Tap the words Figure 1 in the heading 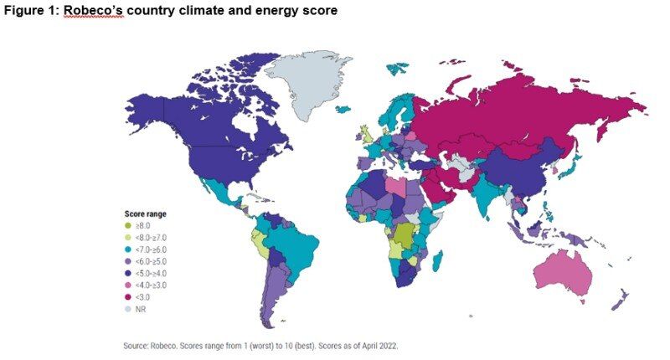tap(32, 12)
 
